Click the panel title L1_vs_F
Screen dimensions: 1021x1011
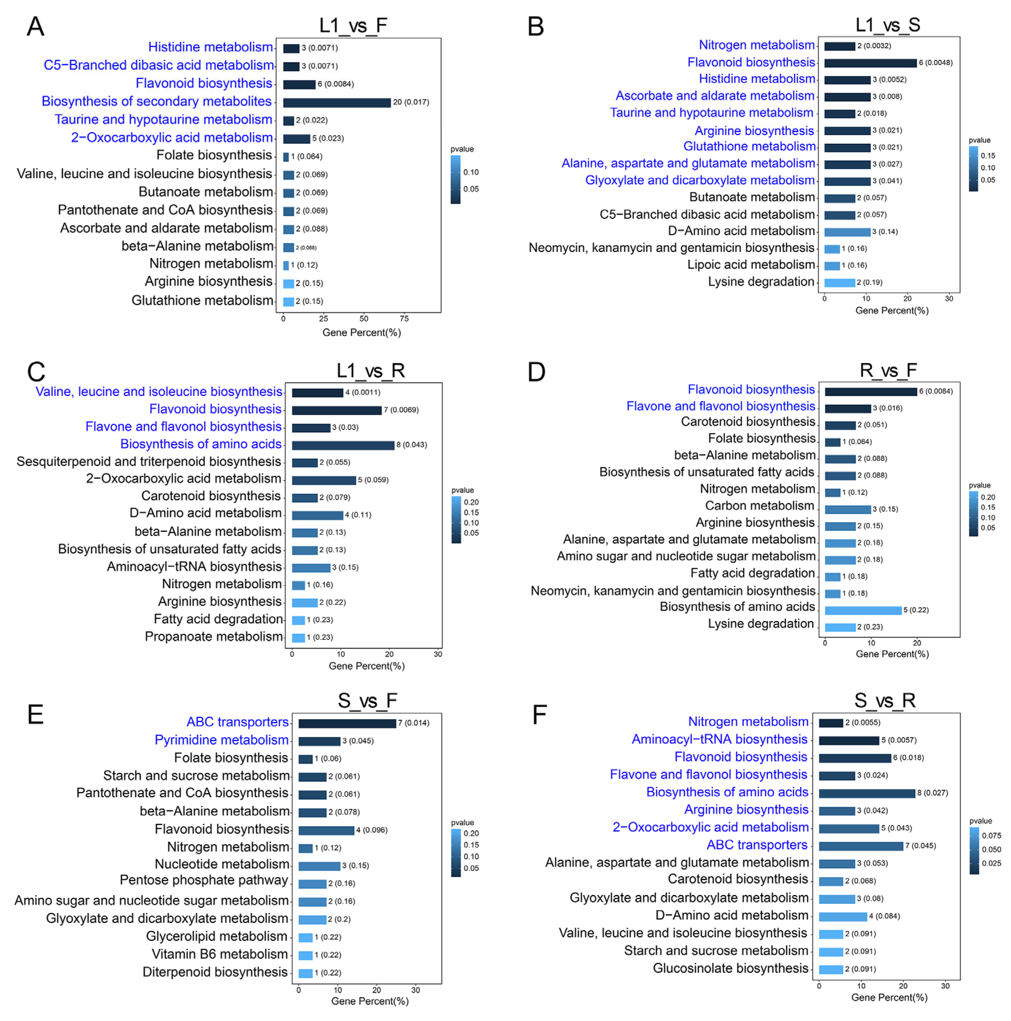[x=353, y=25]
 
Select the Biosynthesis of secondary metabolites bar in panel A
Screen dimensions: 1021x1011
[x=337, y=102]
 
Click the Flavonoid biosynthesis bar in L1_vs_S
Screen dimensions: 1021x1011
[x=870, y=63]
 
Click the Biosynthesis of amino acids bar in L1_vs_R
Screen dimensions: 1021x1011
[x=343, y=445]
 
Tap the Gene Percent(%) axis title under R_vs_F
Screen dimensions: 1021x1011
[x=892, y=654]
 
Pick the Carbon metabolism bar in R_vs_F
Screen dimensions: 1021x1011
[x=847, y=509]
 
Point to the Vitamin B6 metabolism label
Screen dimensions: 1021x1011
[x=219, y=954]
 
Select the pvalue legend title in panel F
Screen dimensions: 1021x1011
[x=980, y=821]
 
